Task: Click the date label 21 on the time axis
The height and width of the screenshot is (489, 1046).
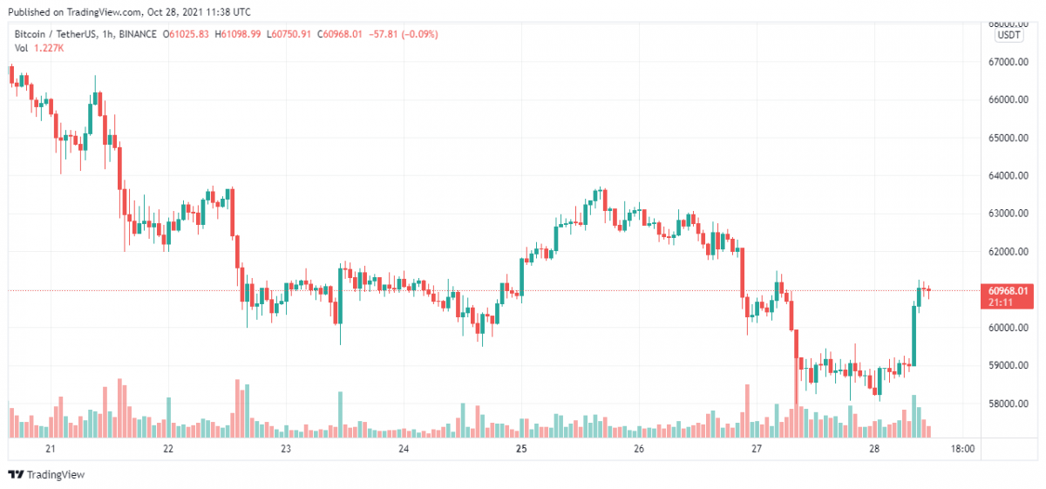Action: (51, 450)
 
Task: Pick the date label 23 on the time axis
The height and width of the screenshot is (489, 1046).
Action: (286, 450)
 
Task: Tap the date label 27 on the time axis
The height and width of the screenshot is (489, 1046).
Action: (757, 450)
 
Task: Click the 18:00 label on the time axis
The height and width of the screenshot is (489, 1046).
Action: (962, 450)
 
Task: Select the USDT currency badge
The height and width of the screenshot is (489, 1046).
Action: (1009, 35)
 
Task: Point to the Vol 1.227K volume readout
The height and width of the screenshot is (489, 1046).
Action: (38, 48)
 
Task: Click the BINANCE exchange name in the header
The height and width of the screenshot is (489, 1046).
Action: (139, 34)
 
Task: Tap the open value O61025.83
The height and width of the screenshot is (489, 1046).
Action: (189, 34)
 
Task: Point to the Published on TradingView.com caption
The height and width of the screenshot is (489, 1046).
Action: (131, 12)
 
